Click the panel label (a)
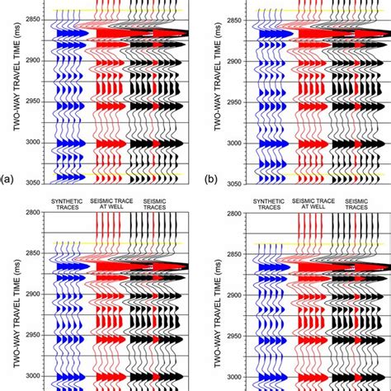coord(7,179)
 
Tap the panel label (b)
coord(211,179)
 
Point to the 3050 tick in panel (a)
coord(33,183)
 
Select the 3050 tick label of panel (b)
coord(234,184)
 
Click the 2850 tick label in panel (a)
coord(33,20)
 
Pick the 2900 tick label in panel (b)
coord(234,61)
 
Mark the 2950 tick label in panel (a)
coord(33,101)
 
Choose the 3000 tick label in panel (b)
coord(234,143)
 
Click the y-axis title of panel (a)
coord(17,76)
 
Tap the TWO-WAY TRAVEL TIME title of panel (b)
coord(218,76)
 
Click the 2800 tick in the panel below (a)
coord(33,212)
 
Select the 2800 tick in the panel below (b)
coord(234,214)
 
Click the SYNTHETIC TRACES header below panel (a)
coord(67,205)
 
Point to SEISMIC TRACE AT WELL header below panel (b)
coord(313,204)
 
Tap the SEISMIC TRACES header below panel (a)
coord(154,205)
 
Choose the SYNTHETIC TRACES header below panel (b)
coord(269,205)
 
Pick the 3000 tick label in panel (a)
coord(33,143)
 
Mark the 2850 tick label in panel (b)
coord(234,21)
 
